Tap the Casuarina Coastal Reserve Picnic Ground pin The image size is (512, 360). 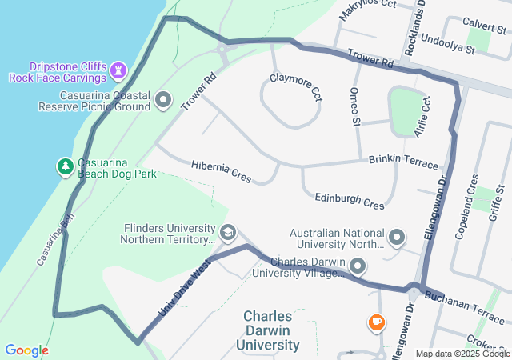(164, 100)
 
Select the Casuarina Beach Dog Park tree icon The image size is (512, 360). (65, 166)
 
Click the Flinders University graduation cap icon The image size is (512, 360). (228, 233)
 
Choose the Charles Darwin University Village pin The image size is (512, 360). (358, 266)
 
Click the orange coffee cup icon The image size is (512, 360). (376, 323)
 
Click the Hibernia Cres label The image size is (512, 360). (222, 170)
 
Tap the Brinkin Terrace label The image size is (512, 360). (403, 160)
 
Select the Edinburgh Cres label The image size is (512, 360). (349, 200)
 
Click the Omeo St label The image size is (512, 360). (355, 106)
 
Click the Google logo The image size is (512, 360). (26, 350)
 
